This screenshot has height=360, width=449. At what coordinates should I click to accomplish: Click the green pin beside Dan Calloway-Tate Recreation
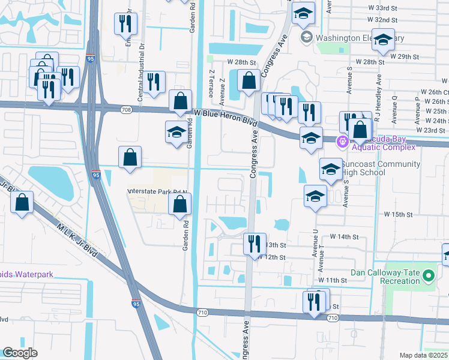[428, 276]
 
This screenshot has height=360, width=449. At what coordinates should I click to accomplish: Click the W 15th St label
[399, 214]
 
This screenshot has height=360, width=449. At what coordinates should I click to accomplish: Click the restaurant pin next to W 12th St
[255, 244]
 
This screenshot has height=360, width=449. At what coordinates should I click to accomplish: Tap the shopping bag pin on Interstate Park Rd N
[179, 204]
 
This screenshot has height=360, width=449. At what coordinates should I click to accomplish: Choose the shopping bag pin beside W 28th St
[249, 80]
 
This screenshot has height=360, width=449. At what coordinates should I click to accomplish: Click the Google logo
[20, 353]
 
